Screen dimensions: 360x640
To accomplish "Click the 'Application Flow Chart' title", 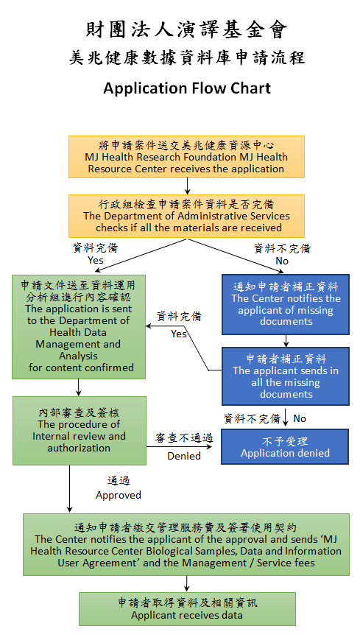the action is coord(187,88).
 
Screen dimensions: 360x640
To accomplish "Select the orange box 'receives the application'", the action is coord(186,157).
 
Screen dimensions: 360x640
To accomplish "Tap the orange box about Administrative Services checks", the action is coord(186,216).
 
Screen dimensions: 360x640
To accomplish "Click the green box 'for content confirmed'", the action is coord(79,327).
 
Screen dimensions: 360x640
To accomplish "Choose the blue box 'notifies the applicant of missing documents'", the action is coord(286,304).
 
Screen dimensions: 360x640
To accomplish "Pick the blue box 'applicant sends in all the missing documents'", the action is coord(286,376).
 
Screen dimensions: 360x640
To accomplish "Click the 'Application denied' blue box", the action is coord(285,446).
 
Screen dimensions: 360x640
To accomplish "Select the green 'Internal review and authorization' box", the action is coord(80,431).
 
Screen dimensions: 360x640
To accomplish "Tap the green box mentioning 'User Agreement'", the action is coord(186,544).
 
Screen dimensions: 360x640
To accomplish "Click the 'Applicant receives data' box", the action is coord(187,609).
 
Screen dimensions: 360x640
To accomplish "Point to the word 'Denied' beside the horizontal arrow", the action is coord(184,456).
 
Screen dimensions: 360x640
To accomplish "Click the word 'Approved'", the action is coord(119,495).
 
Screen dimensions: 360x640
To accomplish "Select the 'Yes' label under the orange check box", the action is coord(96,261).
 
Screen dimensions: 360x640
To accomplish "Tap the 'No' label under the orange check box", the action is coord(282,261).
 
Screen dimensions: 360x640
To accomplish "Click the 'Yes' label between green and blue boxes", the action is coord(179,334).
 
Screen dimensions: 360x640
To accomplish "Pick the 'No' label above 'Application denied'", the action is coord(300,418).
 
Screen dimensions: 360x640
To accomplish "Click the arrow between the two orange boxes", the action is coord(187,186).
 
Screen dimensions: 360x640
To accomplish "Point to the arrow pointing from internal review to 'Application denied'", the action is coord(179,446).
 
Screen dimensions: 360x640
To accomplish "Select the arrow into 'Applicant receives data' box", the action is coord(187,584).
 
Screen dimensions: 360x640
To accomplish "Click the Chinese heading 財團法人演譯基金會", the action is coord(187,29).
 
